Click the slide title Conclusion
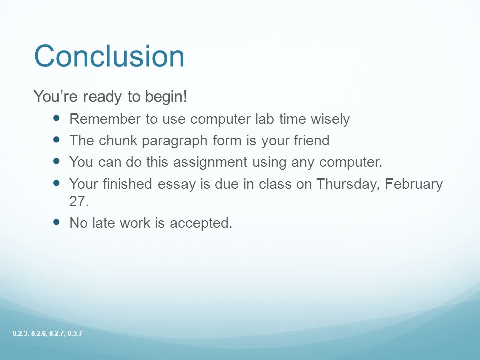[x=109, y=56]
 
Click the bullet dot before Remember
[x=57, y=118]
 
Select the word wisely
[x=330, y=119]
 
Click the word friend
[x=312, y=140]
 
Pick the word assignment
[x=210, y=162]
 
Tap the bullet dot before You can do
[x=57, y=161]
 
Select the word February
[x=414, y=184]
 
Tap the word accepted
[x=201, y=223]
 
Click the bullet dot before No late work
[x=57, y=222]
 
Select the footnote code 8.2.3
[x=21, y=333]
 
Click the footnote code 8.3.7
[x=75, y=333]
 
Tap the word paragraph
[x=175, y=141]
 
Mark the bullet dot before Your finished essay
[x=57, y=183]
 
